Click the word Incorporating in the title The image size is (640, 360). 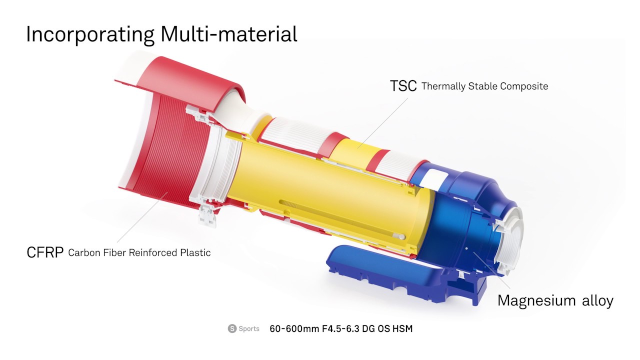(x=90, y=35)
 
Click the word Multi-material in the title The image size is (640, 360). (x=229, y=34)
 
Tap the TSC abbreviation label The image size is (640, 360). (x=403, y=85)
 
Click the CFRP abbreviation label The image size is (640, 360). (x=45, y=252)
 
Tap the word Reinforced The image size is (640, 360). (x=153, y=252)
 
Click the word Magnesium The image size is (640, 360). (x=536, y=300)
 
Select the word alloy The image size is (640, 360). (x=597, y=300)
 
